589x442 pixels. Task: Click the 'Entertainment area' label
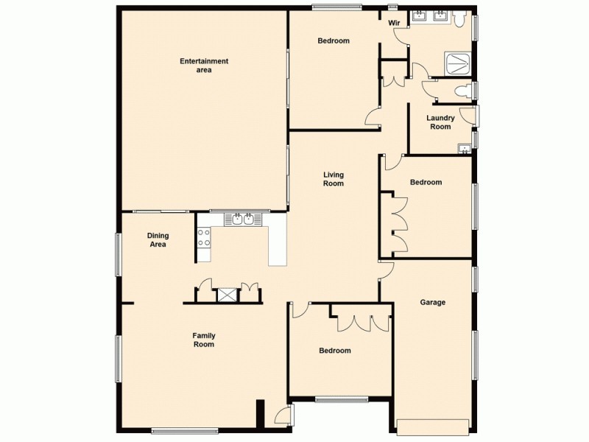point(204,66)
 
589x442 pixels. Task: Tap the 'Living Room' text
point(333,179)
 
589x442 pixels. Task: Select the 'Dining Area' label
point(158,240)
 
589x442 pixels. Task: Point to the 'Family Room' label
point(204,340)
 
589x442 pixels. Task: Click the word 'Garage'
point(432,302)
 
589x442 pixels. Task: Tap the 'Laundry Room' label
point(440,122)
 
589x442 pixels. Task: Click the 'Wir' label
point(395,23)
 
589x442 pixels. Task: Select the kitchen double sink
point(244,219)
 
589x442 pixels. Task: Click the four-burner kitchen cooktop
point(204,237)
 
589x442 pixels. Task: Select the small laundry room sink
point(464,150)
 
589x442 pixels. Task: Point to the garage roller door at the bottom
point(432,426)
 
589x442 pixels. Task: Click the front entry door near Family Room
point(282,418)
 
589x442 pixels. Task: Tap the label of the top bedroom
point(333,41)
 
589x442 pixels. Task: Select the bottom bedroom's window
point(341,399)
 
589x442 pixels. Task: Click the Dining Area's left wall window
point(118,254)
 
